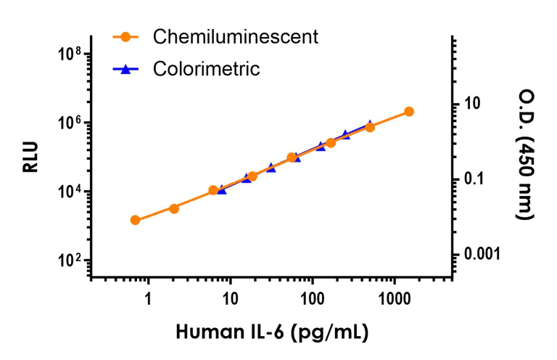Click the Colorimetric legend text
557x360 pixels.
206,69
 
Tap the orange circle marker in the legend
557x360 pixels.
125,36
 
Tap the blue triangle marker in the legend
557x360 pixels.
125,69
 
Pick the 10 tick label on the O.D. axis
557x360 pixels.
472,104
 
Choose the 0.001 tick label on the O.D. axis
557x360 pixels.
482,254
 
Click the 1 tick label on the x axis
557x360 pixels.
148,298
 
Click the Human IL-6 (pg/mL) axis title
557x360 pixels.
272,333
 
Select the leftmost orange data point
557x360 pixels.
135,220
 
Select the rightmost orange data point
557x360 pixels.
409,111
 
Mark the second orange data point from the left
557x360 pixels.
174,208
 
